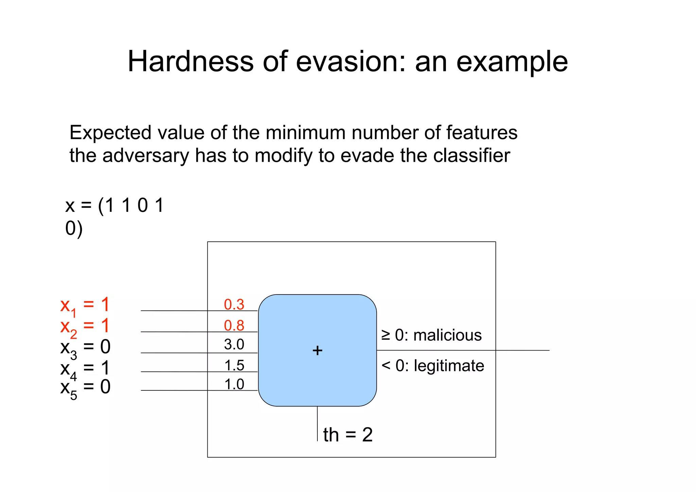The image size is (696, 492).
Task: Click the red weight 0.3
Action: [234, 304]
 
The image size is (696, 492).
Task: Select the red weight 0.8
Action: [234, 325]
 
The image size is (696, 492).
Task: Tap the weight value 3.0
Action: [234, 344]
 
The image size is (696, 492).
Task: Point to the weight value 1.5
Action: [234, 366]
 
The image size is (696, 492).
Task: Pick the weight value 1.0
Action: [234, 384]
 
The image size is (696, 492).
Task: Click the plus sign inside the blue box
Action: [317, 351]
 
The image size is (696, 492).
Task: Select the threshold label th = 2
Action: [348, 435]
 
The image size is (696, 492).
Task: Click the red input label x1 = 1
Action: [85, 305]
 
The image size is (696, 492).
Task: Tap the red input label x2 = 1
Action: [85, 326]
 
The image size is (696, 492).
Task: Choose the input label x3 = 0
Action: [85, 347]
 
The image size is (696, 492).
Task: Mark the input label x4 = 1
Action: [85, 369]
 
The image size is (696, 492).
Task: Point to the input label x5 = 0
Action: [85, 388]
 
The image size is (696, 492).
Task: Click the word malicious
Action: [447, 335]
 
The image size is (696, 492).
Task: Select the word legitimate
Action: [449, 366]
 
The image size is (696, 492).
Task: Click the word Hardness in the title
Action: [190, 62]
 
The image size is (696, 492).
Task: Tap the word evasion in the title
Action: [350, 62]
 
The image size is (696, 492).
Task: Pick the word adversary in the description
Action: [145, 156]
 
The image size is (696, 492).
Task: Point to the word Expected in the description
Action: [110, 133]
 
